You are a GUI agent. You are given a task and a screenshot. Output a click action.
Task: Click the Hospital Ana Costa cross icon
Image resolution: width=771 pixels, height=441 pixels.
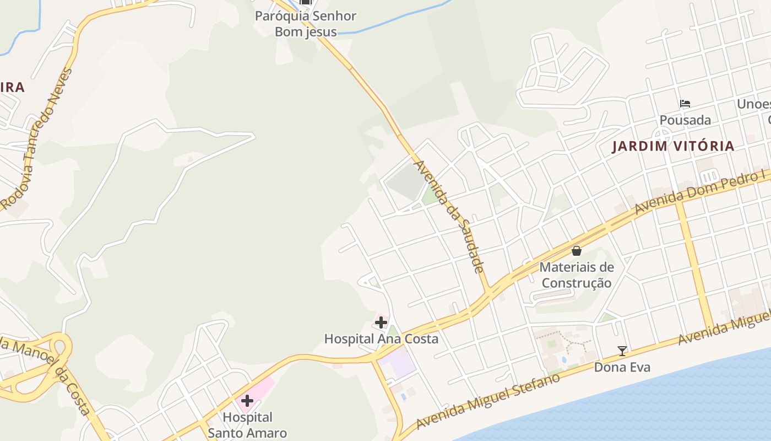click(x=381, y=322)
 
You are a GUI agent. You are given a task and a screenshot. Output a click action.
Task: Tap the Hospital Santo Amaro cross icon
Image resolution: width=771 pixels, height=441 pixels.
click(x=247, y=400)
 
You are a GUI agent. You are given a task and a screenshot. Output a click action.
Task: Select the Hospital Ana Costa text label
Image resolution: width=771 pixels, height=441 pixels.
click(x=381, y=338)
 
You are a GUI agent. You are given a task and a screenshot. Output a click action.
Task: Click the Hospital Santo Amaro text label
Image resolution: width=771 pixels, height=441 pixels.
click(x=247, y=425)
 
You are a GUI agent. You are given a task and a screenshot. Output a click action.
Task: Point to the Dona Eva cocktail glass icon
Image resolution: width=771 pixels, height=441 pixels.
click(x=622, y=351)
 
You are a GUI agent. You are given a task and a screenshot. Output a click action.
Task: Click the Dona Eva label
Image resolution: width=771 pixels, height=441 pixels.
click(x=622, y=367)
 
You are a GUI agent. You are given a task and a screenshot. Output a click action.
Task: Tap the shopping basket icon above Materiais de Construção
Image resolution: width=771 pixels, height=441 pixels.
click(x=577, y=251)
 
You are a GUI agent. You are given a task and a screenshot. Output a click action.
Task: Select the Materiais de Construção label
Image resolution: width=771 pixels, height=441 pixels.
click(x=577, y=275)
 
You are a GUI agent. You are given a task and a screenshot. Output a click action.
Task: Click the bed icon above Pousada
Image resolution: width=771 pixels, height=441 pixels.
click(x=685, y=103)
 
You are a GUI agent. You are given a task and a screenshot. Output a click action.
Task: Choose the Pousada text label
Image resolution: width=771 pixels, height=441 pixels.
click(x=685, y=120)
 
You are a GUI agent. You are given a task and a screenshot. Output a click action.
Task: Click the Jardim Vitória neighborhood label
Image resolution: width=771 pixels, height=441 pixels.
click(x=673, y=146)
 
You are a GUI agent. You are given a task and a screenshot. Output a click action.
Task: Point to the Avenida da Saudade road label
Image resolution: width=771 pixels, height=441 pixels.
click(x=449, y=217)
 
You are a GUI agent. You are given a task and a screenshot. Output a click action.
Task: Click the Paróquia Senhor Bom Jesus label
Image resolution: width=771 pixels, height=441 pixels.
click(x=306, y=24)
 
